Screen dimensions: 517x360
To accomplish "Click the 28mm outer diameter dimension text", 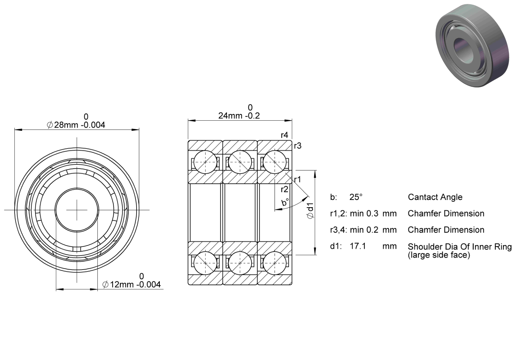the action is pos(76,125).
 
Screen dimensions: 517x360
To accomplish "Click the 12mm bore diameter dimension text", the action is pos(131,285).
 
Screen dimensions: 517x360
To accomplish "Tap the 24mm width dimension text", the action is pos(239,116).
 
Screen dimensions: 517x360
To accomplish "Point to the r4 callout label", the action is pos(284,135).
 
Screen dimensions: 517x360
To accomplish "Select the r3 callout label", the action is pos(298,146).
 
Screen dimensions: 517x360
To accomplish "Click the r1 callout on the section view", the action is pos(298,179).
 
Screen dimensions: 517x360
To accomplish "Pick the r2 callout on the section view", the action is pos(284,189).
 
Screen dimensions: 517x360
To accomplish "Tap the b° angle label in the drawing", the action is pos(285,202).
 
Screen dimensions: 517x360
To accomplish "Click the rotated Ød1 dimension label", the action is pos(310,210).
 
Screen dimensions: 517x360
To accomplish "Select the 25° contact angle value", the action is pos(356,197).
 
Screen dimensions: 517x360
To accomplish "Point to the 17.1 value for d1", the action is pos(358,246).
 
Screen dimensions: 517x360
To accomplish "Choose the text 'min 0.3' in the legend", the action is pos(364,214).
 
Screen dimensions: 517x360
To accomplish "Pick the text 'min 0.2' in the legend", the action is pos(364,230).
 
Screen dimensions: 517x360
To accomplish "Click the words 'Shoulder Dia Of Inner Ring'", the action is pos(460,247).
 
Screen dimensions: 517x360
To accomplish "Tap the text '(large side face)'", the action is pos(439,255).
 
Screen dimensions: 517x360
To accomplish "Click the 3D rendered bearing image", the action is pos(472,46).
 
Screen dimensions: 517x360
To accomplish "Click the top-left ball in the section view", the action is pos(205,162).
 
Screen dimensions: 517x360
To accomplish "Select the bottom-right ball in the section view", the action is pos(275,263).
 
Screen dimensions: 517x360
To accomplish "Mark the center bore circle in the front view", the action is pos(77,188).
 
